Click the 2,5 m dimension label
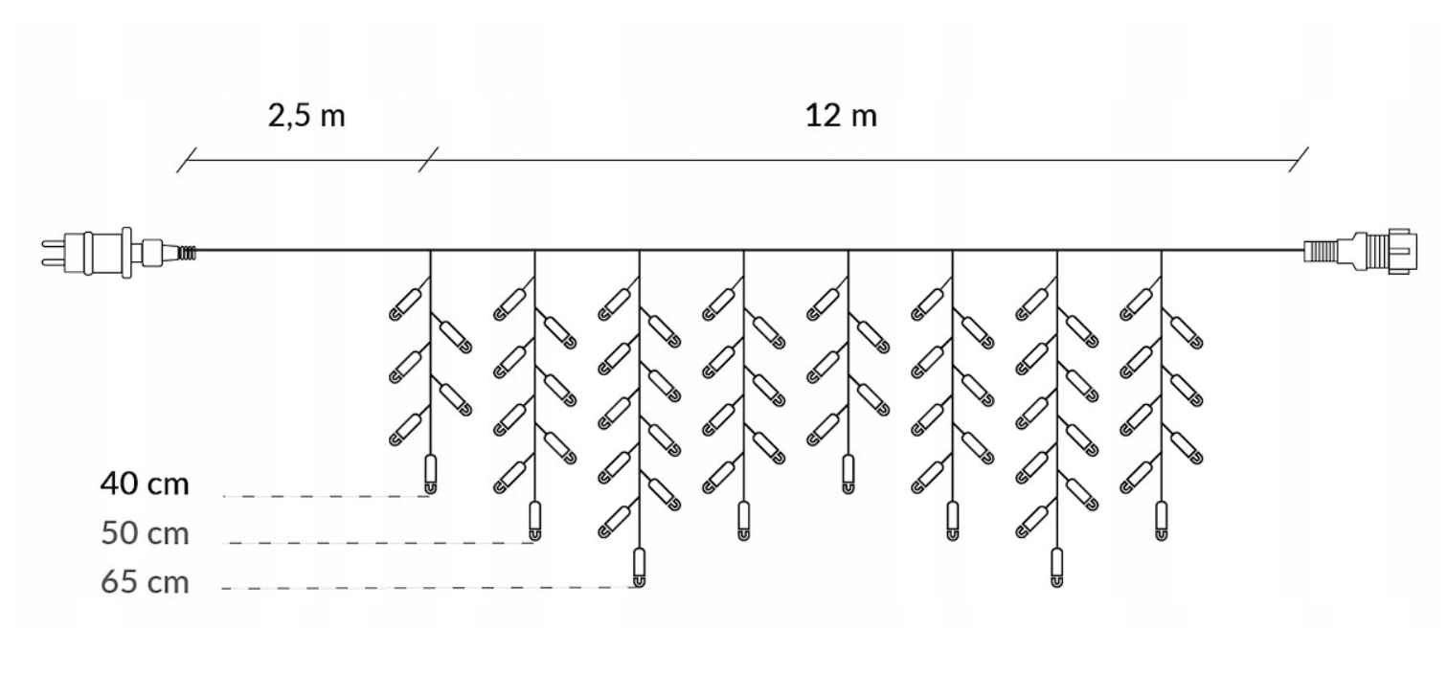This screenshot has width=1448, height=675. tap(305, 117)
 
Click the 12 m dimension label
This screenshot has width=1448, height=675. tap(840, 117)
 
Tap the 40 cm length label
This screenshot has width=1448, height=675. tap(145, 484)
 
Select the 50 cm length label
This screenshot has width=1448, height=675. tap(145, 533)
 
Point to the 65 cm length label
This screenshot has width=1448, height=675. tap(145, 582)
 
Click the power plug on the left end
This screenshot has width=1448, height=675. tap(91, 251)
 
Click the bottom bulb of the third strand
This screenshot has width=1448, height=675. tap(640, 567)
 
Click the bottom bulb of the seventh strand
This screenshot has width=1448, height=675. tap(1057, 567)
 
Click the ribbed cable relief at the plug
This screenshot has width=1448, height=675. tap(188, 251)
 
